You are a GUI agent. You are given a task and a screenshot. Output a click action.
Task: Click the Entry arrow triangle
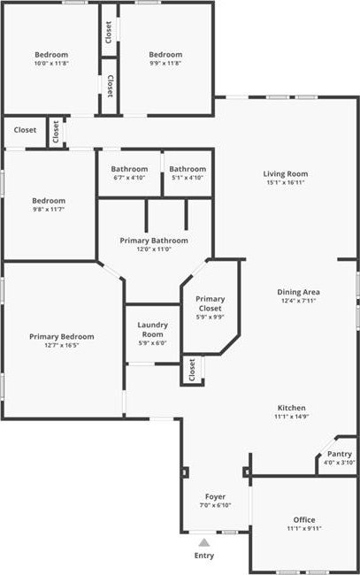coord(204,542)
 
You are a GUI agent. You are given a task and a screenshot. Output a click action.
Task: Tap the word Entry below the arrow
coord(204,556)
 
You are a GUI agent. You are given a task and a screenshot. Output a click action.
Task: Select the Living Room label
coord(286,173)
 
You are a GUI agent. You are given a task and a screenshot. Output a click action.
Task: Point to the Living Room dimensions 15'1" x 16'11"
coord(286,182)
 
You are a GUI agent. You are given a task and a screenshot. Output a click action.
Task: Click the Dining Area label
coord(298,292)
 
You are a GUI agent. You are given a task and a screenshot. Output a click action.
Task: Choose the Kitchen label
coord(291,408)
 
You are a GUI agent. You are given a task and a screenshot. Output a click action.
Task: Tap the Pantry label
coord(340,454)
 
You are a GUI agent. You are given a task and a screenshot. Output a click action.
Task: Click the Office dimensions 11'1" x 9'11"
coord(304,528)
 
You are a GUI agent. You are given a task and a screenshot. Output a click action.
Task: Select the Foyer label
coord(215,497)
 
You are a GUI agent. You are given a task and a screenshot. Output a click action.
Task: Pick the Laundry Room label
coord(152,330)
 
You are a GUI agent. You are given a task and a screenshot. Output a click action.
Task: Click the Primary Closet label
coord(210,303)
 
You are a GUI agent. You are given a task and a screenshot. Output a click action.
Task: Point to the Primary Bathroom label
coord(154,241)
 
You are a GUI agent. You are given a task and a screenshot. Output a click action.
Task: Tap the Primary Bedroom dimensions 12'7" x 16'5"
coord(62,345)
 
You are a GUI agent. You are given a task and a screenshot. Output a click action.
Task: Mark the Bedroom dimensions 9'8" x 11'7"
coord(49,210)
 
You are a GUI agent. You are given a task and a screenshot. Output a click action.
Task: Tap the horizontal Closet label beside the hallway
coord(25,130)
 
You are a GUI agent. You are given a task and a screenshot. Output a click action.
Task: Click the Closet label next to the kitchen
coord(192,370)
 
